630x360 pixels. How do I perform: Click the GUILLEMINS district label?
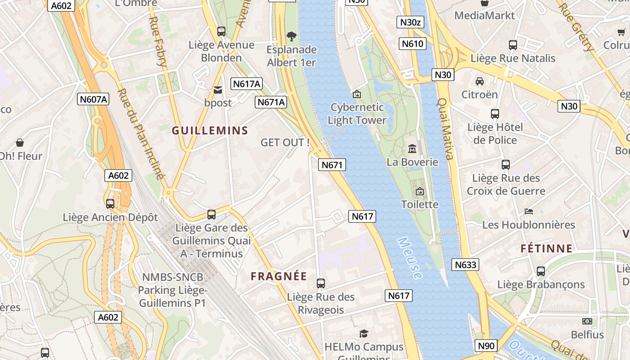click(210, 130)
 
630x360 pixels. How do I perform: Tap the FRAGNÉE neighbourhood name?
click(279, 276)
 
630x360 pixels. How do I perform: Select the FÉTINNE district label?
click(546, 248)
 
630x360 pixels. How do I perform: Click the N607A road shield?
click(93, 99)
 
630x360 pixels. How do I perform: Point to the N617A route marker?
click(247, 84)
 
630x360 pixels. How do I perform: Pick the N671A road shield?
click(271, 102)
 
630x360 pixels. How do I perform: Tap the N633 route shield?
click(465, 265)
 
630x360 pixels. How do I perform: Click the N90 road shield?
click(486, 346)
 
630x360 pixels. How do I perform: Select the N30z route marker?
click(410, 22)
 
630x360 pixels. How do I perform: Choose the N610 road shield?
click(413, 44)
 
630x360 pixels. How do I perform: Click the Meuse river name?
click(410, 258)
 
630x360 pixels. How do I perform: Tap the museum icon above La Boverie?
click(412, 148)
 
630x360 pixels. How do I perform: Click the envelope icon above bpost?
click(218, 90)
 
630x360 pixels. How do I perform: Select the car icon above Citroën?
click(480, 81)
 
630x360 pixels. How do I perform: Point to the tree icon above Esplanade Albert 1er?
click(292, 36)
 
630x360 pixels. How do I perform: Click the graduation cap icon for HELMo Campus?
click(364, 333)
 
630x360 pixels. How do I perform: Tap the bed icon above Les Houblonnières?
click(529, 211)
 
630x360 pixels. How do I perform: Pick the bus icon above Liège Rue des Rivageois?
click(321, 283)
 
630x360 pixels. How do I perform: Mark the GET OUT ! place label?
click(285, 143)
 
